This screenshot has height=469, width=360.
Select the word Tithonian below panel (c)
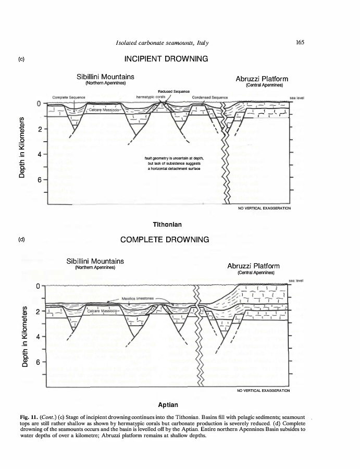coord(166,225)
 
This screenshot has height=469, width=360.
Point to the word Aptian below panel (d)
coord(167,405)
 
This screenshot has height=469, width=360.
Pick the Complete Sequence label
coord(69,97)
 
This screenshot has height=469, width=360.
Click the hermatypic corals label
coord(150,97)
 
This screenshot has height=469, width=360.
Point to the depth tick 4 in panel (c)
coord(40,154)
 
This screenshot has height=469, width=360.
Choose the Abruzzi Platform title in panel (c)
coord(262,79)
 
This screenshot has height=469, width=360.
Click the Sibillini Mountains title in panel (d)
coord(95,261)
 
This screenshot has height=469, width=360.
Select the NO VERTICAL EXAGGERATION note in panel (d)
coord(263,390)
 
